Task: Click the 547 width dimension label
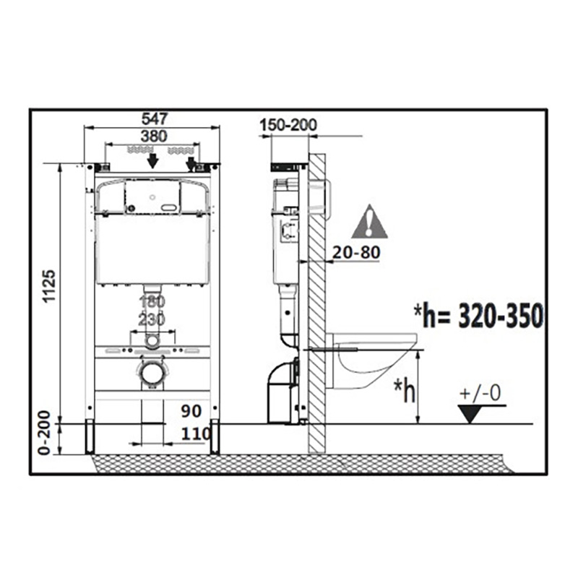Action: click(x=155, y=118)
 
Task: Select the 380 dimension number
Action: click(x=154, y=137)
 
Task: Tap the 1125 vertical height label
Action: click(x=49, y=286)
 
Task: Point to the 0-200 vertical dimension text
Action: click(x=44, y=433)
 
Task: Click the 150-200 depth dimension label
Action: click(x=288, y=125)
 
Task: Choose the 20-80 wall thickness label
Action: click(x=356, y=252)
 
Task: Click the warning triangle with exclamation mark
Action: click(x=369, y=222)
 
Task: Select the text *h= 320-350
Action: click(x=479, y=316)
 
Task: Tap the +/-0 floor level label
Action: click(x=480, y=393)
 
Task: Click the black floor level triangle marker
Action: click(x=470, y=413)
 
